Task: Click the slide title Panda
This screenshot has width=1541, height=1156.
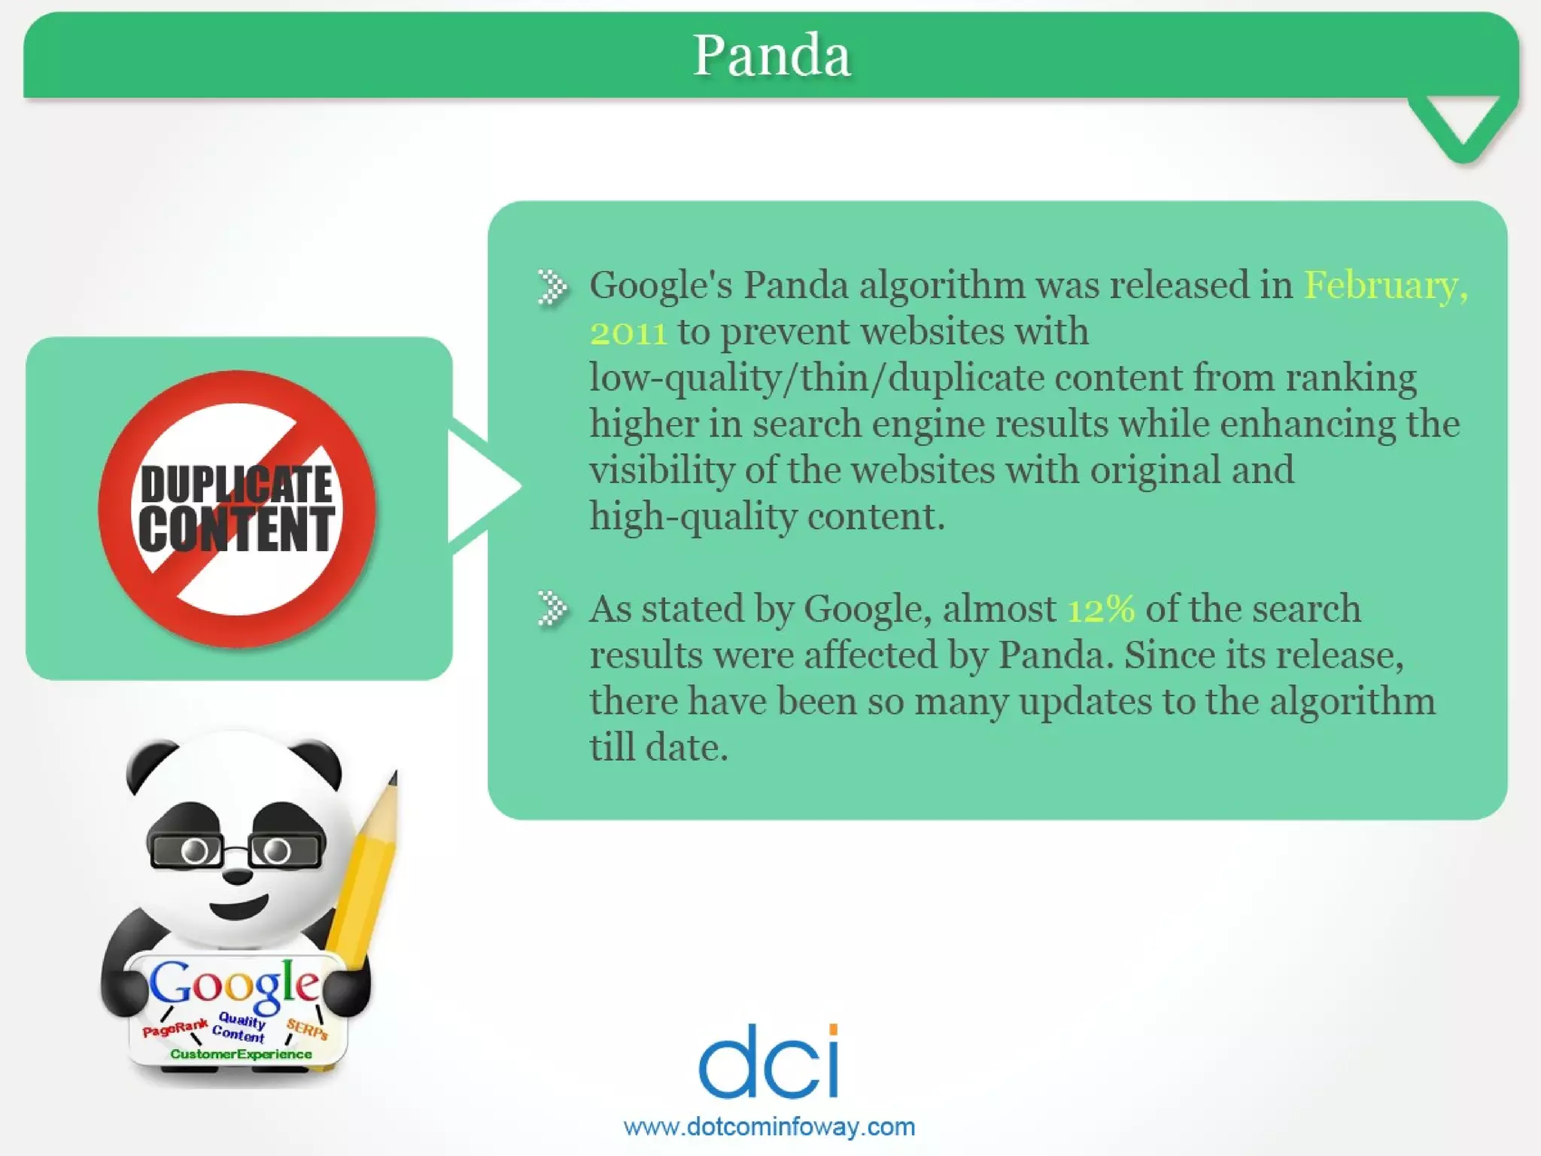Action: (x=771, y=56)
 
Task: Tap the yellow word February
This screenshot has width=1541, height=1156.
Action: (x=1384, y=285)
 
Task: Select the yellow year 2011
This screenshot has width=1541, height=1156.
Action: (x=628, y=333)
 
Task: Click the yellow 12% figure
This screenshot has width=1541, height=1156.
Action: (x=1101, y=609)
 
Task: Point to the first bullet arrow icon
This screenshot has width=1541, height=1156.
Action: (x=552, y=287)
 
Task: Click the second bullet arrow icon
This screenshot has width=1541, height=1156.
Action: (x=552, y=609)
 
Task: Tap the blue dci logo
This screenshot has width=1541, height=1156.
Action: (x=768, y=1061)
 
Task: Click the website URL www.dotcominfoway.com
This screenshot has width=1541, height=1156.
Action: (x=769, y=1127)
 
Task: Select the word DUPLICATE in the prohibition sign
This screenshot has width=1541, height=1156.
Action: (x=236, y=484)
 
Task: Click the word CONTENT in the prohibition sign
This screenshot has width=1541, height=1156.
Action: (x=236, y=529)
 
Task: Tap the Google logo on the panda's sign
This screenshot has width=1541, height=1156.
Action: (x=234, y=985)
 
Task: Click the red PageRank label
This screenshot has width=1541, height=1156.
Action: (x=175, y=1028)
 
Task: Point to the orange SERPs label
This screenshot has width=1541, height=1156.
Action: (x=307, y=1029)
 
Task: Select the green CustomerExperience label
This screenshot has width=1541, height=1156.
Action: (x=241, y=1054)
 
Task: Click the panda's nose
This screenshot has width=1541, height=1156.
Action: (x=239, y=875)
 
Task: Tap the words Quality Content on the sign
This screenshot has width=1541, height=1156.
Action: (x=239, y=1028)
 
